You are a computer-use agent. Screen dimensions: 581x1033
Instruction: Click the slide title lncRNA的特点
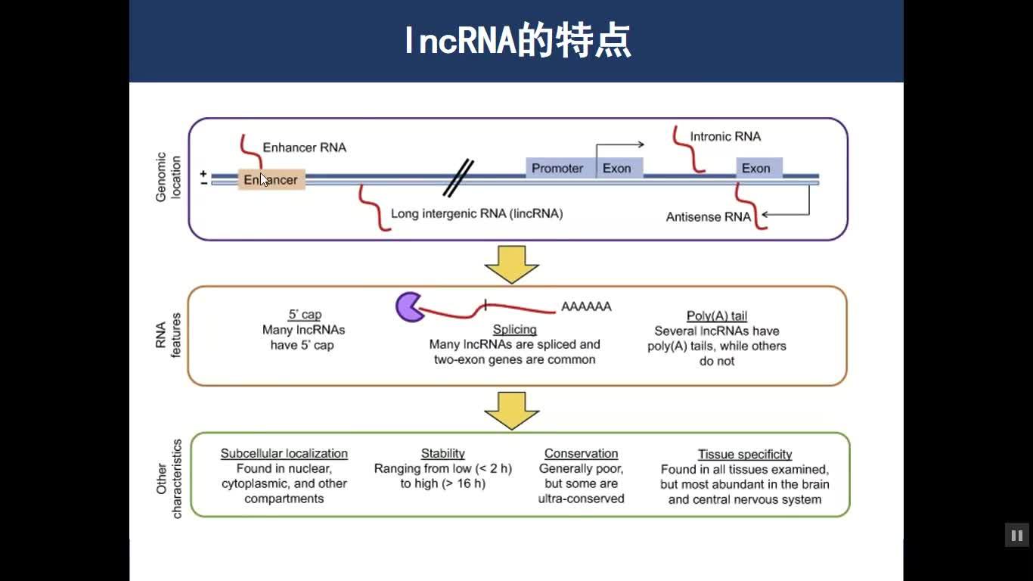point(516,41)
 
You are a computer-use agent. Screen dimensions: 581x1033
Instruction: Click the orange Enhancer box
point(271,180)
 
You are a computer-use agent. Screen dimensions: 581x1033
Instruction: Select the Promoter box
point(557,168)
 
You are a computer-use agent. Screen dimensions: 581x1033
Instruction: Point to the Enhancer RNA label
point(304,148)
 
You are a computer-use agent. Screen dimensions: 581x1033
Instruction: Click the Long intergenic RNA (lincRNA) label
point(476,213)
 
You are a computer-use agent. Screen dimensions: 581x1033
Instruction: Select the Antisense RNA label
point(709,217)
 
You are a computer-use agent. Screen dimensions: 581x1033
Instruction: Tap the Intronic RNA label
point(725,137)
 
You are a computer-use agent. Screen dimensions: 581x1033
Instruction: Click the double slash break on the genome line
point(458,179)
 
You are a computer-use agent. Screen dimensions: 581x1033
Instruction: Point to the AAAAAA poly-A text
point(586,306)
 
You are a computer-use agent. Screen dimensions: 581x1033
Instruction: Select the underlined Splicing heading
point(514,329)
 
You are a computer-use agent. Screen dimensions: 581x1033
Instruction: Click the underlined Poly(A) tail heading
point(716,315)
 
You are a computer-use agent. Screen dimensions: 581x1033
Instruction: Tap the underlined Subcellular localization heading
point(284,453)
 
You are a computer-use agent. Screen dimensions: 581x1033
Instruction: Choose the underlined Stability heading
point(442,453)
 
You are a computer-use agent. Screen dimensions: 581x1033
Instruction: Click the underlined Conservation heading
point(581,453)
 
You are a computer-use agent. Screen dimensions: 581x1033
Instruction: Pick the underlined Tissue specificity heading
point(744,454)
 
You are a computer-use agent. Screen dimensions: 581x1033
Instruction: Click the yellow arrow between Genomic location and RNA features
point(511,264)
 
